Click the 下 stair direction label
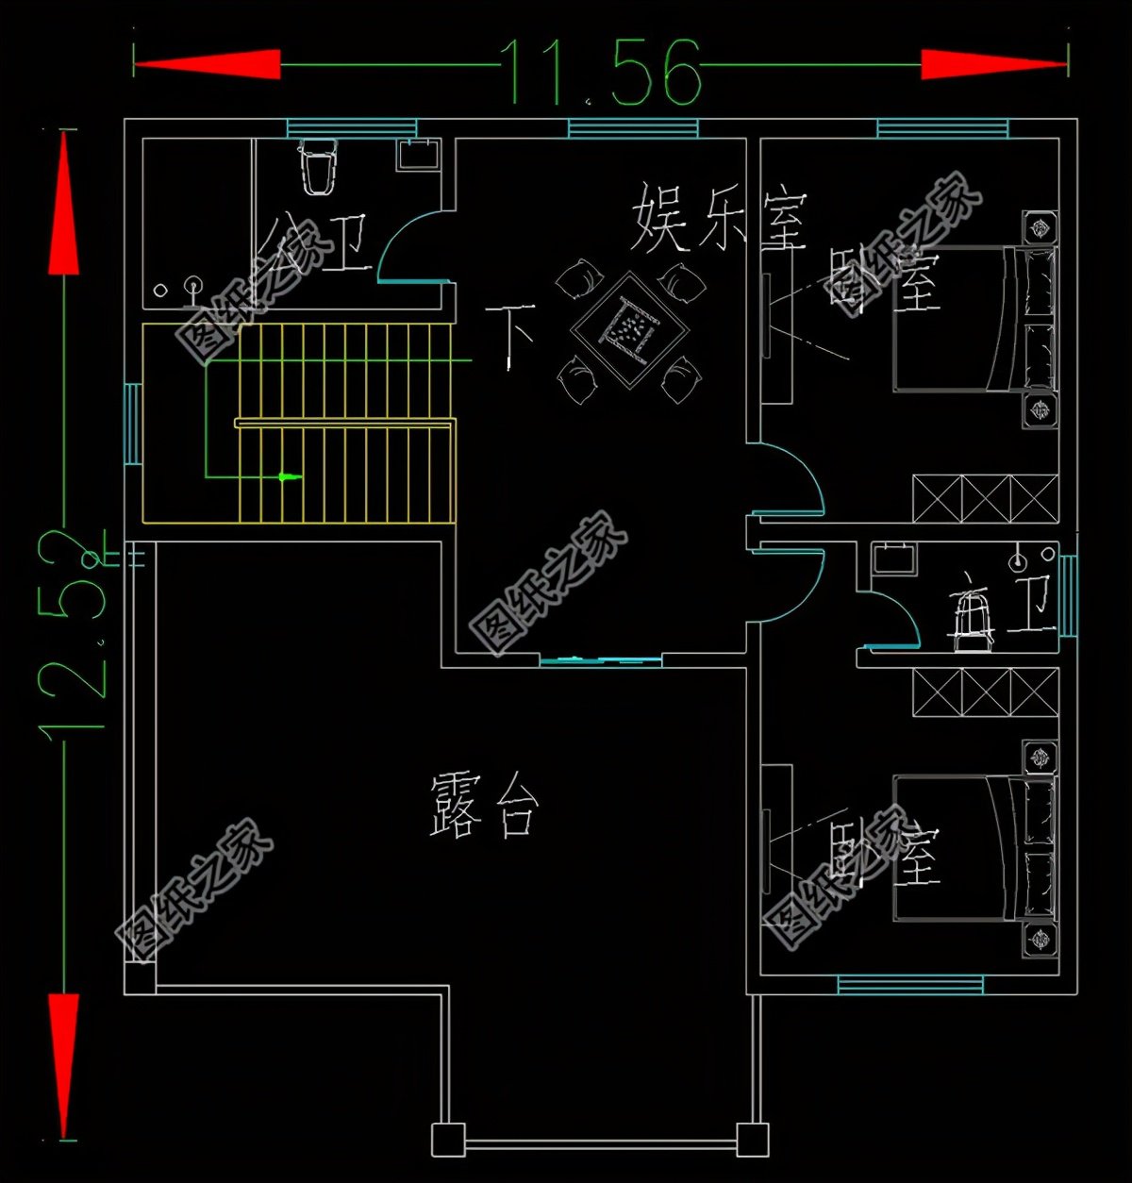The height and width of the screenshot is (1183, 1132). click(510, 335)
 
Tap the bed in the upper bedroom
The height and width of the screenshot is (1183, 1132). click(972, 319)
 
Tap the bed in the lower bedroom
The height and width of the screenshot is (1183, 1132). click(972, 847)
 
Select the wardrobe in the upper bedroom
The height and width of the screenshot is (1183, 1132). click(985, 498)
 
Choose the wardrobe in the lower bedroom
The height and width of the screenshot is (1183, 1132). click(985, 691)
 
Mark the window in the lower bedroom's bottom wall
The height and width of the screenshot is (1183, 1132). click(909, 985)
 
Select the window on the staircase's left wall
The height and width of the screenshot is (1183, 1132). click(133, 424)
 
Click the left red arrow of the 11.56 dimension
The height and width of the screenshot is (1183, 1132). click(207, 64)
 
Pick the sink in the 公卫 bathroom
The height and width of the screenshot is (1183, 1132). click(417, 154)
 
